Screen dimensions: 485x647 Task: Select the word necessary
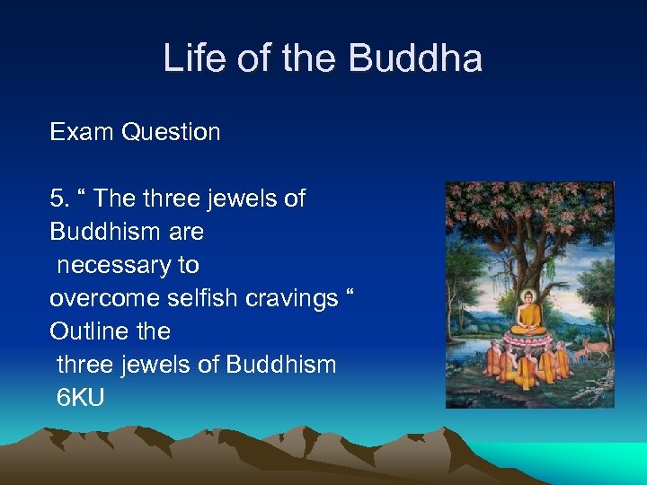tap(128, 265)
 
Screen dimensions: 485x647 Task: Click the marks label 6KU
tap(80, 397)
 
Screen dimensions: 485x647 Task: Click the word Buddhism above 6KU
tap(281, 365)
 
